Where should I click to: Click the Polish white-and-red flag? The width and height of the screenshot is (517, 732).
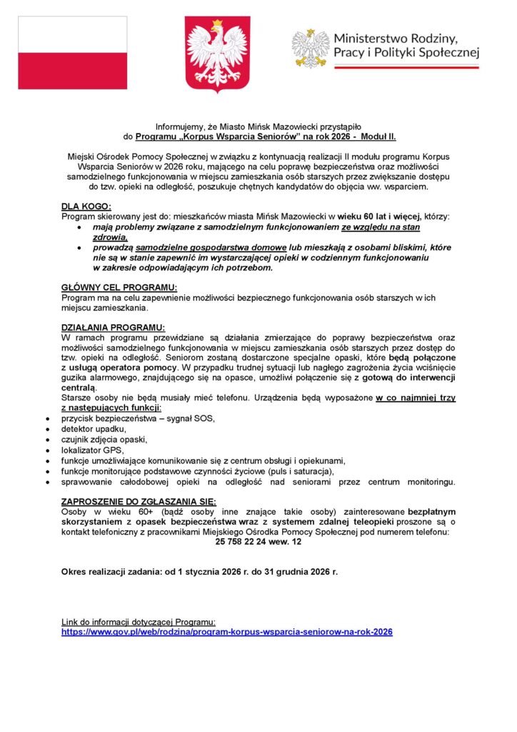pyautogui.click(x=72, y=53)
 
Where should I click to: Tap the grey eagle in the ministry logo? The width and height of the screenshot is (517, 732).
pyautogui.click(x=311, y=49)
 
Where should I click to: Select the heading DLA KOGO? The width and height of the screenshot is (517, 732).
pyautogui.click(x=86, y=206)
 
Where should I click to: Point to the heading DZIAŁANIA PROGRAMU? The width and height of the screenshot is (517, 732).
pyautogui.click(x=114, y=327)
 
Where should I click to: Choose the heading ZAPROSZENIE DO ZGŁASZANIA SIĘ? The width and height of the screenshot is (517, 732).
pyautogui.click(x=139, y=501)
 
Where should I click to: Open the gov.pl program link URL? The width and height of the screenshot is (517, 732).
pyautogui.click(x=227, y=632)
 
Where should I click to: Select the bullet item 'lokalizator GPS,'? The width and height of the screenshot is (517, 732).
pyautogui.click(x=93, y=450)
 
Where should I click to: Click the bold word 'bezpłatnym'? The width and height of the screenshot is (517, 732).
pyautogui.click(x=431, y=512)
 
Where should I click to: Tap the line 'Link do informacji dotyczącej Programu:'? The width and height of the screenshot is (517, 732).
pyautogui.click(x=139, y=622)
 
